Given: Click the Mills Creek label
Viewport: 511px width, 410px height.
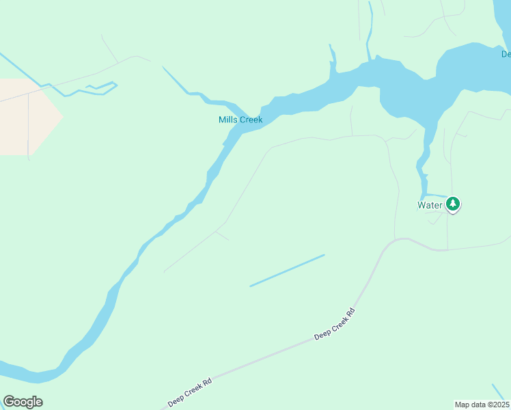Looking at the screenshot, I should pyautogui.click(x=240, y=120).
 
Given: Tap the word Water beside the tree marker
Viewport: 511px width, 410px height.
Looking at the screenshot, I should pyautogui.click(x=430, y=204).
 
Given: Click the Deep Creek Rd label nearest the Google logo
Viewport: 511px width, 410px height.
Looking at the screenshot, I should pyautogui.click(x=190, y=391).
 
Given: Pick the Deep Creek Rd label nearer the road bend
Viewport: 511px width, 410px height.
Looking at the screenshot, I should pyautogui.click(x=335, y=324).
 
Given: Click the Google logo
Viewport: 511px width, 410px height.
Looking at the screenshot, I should pyautogui.click(x=23, y=402).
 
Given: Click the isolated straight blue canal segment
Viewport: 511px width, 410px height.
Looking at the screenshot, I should pyautogui.click(x=287, y=271).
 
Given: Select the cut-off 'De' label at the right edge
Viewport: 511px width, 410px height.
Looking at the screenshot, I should pyautogui.click(x=506, y=54).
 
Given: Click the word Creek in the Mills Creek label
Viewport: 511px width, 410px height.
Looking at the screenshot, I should pyautogui.click(x=250, y=120).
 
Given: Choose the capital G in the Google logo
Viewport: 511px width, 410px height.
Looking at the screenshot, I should pyautogui.click(x=9, y=402).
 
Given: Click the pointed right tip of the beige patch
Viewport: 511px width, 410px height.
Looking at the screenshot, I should pyautogui.click(x=62, y=117).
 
